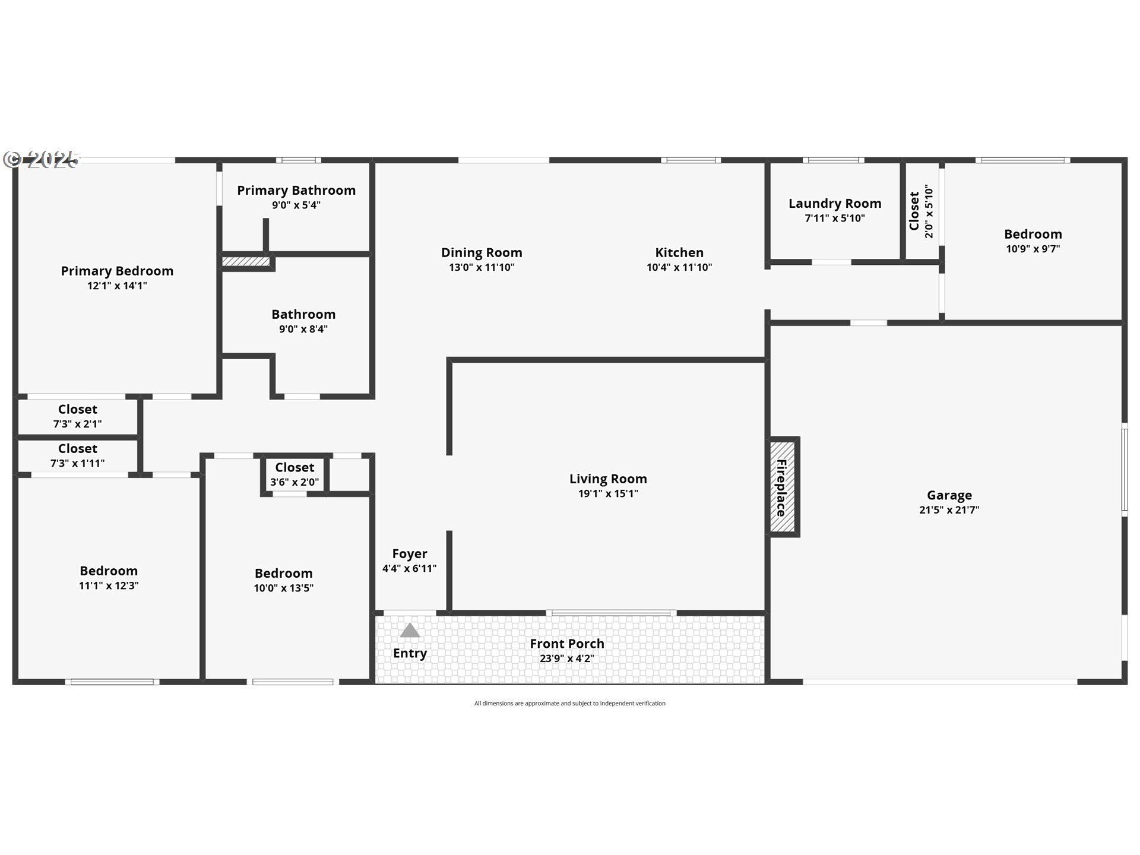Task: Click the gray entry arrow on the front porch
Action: point(410,630)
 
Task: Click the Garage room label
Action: point(949,495)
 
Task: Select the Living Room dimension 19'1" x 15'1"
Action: point(608,493)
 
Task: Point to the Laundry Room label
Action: point(835,204)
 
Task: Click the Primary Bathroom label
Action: point(296,191)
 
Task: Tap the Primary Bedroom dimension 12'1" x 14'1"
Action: point(117,286)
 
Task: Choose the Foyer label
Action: point(410,554)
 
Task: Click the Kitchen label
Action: point(679,252)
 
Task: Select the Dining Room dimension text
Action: point(482,267)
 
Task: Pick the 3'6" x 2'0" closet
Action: point(294,474)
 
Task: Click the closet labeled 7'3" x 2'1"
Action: point(78,416)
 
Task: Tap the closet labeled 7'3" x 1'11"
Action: point(78,455)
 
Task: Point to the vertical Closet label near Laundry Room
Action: point(914,211)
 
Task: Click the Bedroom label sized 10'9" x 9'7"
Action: point(1033,235)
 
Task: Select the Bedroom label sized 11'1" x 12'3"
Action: point(109,571)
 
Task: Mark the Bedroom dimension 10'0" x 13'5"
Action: point(284,588)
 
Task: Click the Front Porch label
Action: point(567,644)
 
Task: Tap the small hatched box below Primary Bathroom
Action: point(246,261)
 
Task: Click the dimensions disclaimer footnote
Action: point(570,704)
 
